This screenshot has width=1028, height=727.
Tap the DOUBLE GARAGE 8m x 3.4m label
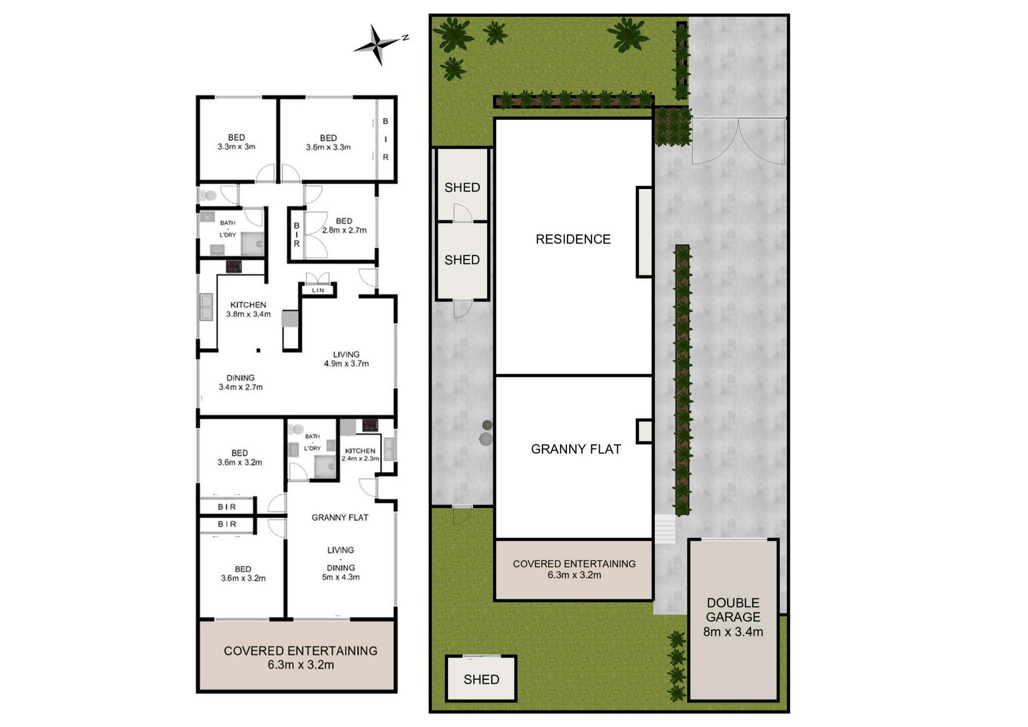point(733,617)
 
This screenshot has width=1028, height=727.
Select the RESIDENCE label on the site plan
point(573,239)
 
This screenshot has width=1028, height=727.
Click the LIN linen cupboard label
point(318,290)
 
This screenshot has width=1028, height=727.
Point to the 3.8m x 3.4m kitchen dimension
point(248,314)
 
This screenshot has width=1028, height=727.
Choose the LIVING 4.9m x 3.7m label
point(346,359)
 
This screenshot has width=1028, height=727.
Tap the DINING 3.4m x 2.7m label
point(240,382)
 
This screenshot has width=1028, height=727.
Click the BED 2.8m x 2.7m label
point(344,225)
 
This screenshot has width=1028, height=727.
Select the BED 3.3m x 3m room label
point(236,142)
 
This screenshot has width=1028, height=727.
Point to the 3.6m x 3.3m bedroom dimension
point(328,147)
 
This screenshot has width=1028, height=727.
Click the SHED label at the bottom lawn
point(481,679)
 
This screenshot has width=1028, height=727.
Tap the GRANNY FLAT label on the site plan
point(576,449)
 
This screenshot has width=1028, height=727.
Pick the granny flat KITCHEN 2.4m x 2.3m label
point(360,455)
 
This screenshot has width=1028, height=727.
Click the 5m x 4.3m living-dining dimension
point(341,577)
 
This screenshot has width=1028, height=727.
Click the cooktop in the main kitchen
point(233,267)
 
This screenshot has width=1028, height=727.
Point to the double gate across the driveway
point(738,140)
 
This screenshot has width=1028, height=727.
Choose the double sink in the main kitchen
point(206,307)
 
